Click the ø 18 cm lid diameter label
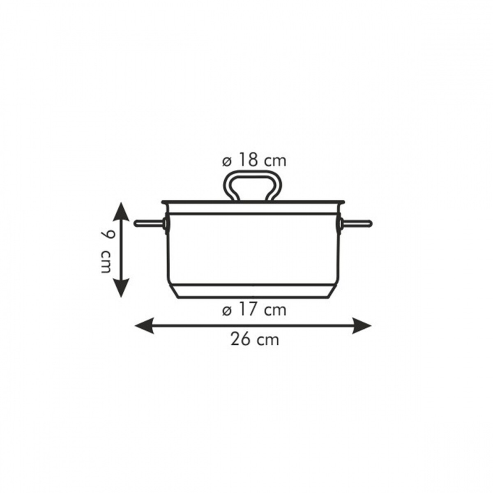(254, 161)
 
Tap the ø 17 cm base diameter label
(254, 310)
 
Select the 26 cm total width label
(255, 339)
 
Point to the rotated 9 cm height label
(105, 251)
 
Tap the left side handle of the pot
(148, 223)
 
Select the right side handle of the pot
(356, 223)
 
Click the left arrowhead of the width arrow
(144, 326)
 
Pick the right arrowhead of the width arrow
(362, 326)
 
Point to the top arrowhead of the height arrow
(121, 212)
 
